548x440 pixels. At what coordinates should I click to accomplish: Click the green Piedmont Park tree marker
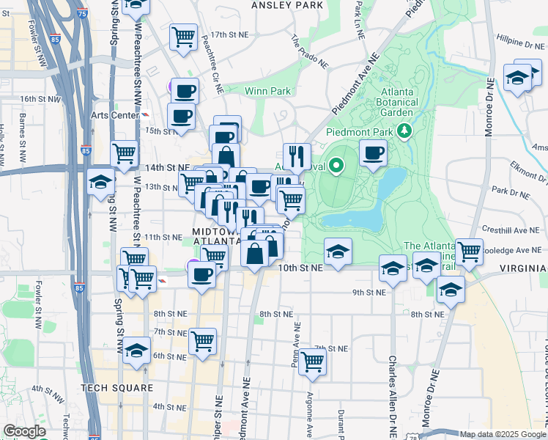402,131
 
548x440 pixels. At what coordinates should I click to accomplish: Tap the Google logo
24,431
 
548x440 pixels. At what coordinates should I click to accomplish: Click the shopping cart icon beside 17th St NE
183,37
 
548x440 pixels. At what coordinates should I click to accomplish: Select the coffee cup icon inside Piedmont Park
373,153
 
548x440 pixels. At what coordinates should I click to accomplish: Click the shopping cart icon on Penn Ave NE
312,361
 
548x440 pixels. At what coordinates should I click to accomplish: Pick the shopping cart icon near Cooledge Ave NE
469,252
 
